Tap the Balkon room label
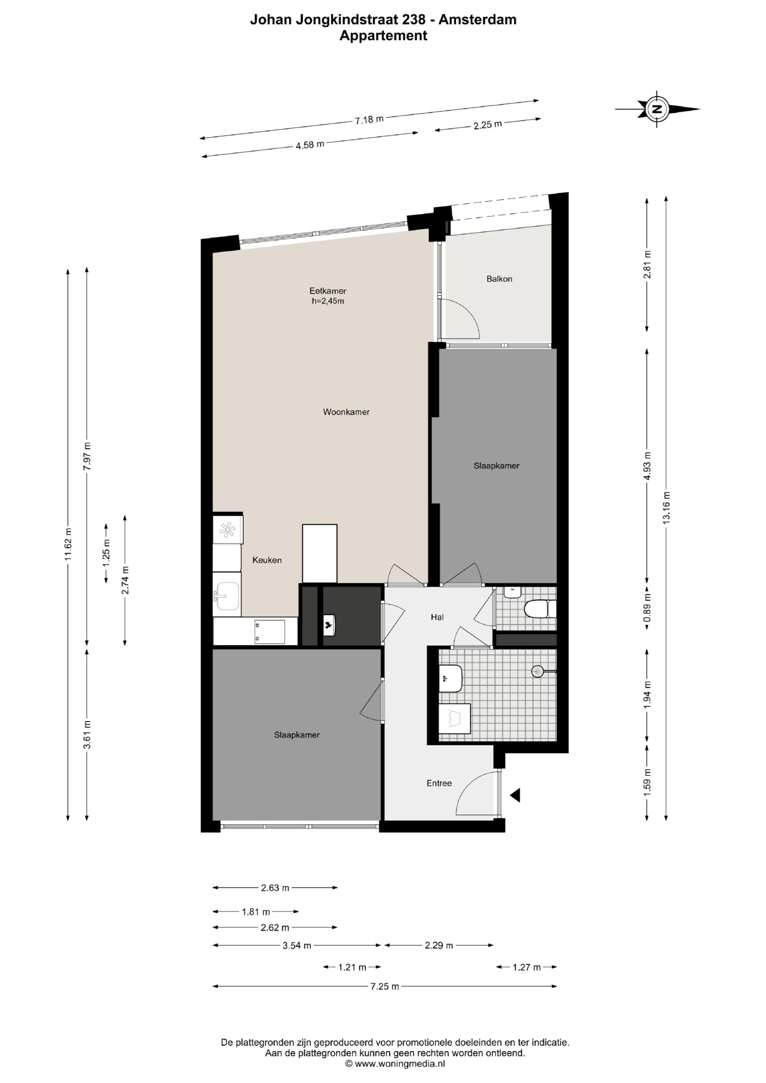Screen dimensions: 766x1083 (499, 279)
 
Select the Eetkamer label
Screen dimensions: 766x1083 (328, 291)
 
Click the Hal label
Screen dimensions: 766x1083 (437, 617)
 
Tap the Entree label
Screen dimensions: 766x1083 (439, 783)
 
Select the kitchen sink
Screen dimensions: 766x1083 (227, 596)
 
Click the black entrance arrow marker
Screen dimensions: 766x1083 (515, 795)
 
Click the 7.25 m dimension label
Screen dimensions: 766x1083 (385, 986)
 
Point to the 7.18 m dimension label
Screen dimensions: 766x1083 (369, 119)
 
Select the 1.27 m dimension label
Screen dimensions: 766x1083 (527, 967)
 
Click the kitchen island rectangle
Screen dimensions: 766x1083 (320, 553)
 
